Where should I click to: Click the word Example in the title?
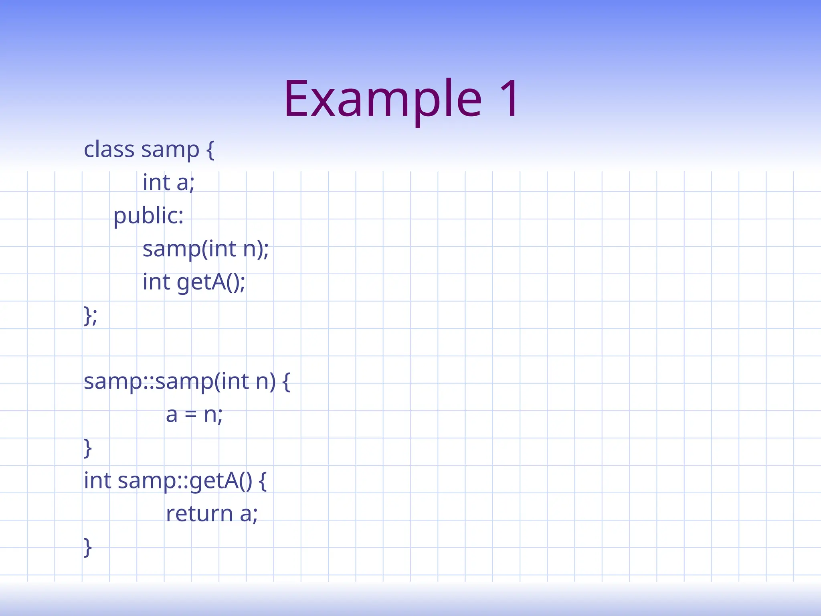tap(383, 99)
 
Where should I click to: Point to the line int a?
tap(168, 183)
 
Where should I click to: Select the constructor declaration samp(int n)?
tap(206, 249)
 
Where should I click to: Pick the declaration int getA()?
tap(194, 282)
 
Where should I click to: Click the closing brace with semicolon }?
tap(90, 316)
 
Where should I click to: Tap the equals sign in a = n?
tap(190, 415)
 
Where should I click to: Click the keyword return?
tap(199, 514)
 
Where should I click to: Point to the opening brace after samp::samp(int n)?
tap(286, 382)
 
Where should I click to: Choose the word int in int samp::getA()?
tap(97, 480)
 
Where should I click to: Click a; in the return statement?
tap(249, 514)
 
